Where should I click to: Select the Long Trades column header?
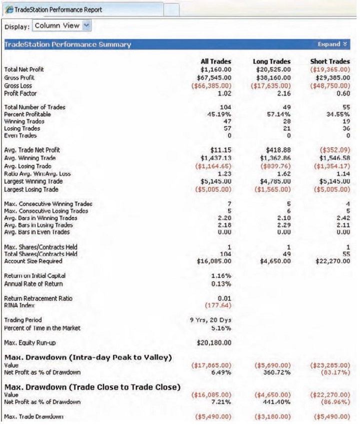pyautogui.click(x=271, y=61)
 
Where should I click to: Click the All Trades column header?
pyautogui.click(x=216, y=61)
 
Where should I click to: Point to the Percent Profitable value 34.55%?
pyautogui.click(x=338, y=114)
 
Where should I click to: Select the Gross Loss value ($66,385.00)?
pyautogui.click(x=210, y=85)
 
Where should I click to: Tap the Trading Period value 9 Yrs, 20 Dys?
pyautogui.click(x=210, y=320)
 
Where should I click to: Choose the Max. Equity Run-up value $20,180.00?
pyautogui.click(x=213, y=342)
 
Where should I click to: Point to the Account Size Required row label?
pyautogui.click(x=33, y=261)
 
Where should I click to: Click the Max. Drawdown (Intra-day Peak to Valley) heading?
pyautogui.click(x=88, y=357)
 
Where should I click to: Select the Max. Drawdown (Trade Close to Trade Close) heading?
pyautogui.click(x=92, y=387)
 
